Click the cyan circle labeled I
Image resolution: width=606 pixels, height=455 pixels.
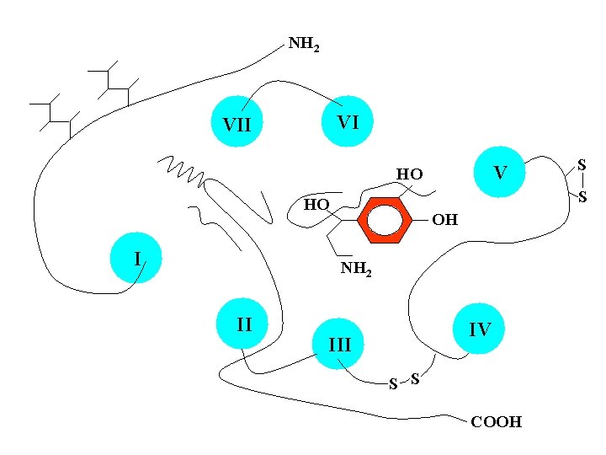pos(137,258)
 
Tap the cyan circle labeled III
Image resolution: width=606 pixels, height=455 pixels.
pos(339,344)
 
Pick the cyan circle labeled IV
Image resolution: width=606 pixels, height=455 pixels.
pos(479,329)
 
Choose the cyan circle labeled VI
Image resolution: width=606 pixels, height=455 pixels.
pos(348,122)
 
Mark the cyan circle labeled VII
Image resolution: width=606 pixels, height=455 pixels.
pos(237,125)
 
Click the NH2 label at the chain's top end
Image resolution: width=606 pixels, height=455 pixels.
pos(304,44)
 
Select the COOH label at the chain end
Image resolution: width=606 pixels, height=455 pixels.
pos(496,422)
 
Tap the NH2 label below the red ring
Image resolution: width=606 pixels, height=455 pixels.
pos(356,270)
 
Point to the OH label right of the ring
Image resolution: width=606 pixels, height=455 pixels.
pos(444,220)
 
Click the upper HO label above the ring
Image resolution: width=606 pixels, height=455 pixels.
pos(410,174)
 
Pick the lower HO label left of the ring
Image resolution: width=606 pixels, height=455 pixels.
pos(316,205)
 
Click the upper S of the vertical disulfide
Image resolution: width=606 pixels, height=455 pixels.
pos(581,167)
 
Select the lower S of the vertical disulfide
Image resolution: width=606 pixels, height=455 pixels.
pos(581,197)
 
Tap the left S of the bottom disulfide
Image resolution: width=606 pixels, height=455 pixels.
pos(392,384)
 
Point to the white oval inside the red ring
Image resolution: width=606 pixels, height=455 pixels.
pos(386,221)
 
